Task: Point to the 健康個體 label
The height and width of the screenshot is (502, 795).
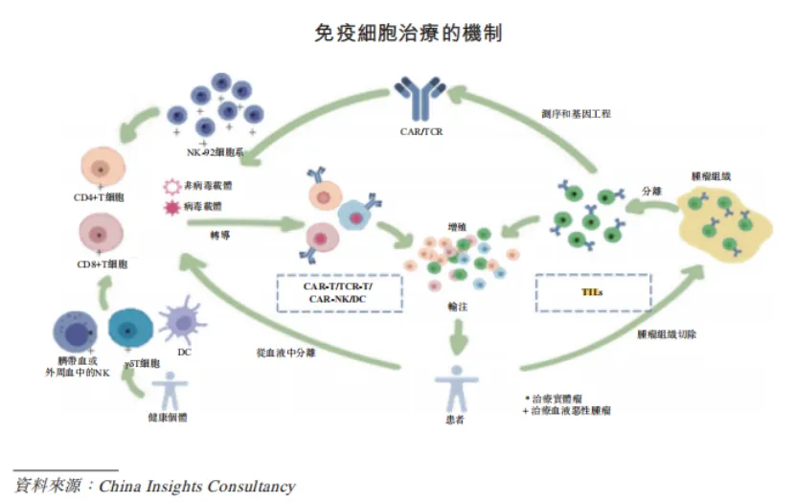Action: (170, 418)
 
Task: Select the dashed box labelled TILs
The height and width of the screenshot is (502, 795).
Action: (592, 292)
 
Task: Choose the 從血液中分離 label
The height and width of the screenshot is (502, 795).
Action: (285, 352)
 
